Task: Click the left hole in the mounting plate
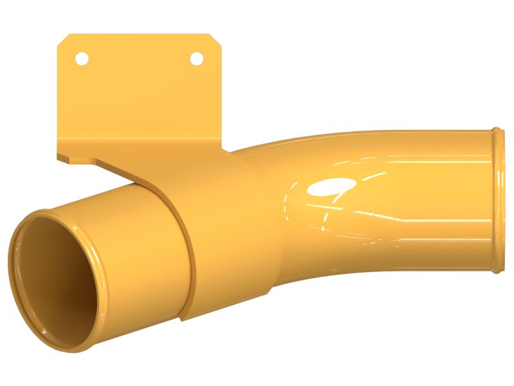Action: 82,59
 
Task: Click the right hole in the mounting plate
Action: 197,59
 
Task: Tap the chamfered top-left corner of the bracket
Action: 64,40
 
